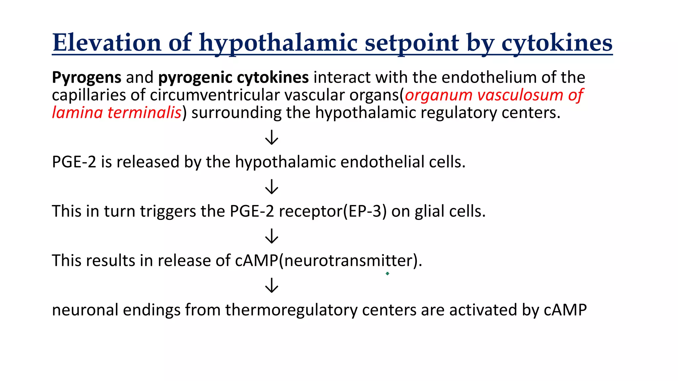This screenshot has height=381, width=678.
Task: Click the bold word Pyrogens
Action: [x=86, y=78]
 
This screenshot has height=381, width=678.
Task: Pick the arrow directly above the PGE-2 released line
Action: [x=271, y=137]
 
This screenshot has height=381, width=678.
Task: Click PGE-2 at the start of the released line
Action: [x=74, y=162]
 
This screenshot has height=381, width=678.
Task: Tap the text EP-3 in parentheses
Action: [x=365, y=211]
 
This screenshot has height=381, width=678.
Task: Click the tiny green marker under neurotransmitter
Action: [x=387, y=274]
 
